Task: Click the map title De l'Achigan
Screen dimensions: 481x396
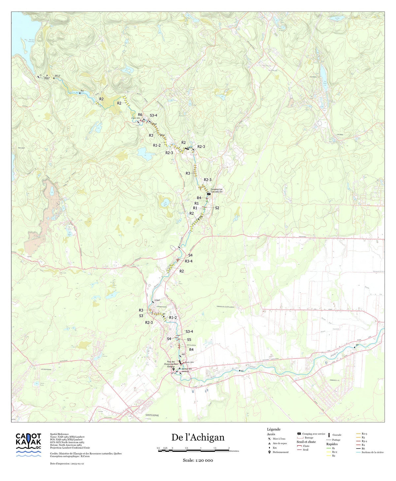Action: [x=198, y=437]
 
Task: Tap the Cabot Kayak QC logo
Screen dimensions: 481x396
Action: [x=29, y=445]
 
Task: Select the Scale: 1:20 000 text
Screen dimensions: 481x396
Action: [x=198, y=460]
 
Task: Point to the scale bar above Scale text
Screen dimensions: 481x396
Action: [x=193, y=450]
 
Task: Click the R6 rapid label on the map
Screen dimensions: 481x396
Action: [x=140, y=115]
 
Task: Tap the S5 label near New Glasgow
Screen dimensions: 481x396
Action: [x=189, y=340]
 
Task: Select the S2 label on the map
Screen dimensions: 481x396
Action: [x=217, y=208]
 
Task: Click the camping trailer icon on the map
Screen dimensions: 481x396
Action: [x=209, y=194]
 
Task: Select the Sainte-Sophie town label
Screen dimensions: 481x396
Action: [x=152, y=415]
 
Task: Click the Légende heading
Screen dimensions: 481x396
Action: [x=274, y=429]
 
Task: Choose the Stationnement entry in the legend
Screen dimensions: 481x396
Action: [x=280, y=452]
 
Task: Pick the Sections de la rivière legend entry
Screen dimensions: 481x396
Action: [x=372, y=452]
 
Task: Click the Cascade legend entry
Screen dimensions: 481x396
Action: [x=337, y=435]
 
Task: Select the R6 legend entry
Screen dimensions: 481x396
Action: [x=363, y=448]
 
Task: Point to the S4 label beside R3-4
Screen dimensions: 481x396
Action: [x=190, y=255]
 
